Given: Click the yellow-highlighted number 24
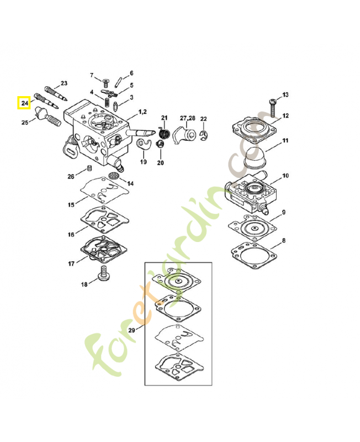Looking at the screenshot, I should point(24,103).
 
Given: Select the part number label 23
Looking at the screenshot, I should point(63,83).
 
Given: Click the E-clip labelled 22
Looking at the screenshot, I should point(204,135).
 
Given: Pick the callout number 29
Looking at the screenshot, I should point(131,330).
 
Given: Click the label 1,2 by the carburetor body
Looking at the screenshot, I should point(142,112).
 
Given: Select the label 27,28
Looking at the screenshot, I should point(187,118).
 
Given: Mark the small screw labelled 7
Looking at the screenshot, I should point(105,81).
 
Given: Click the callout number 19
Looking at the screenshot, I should point(143,162).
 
